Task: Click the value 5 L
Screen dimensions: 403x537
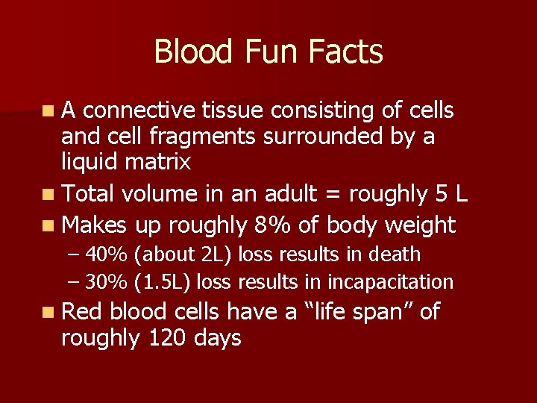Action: [451, 195]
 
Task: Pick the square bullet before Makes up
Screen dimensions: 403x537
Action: [48, 225]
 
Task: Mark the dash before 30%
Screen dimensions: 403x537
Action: [72, 282]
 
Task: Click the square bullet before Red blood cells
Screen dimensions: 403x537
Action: [48, 312]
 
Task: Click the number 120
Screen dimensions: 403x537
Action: [169, 338]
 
